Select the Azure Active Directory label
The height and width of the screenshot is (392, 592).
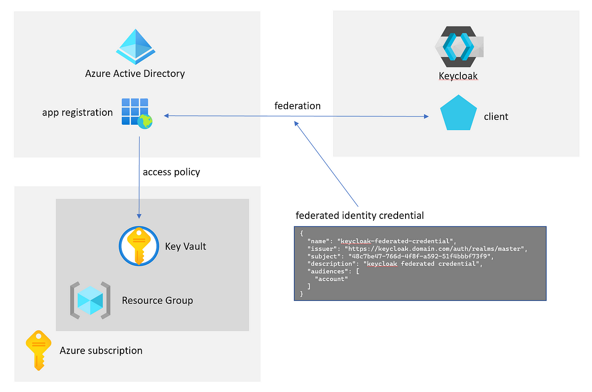pyautogui.click(x=135, y=74)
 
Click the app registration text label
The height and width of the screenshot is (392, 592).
pyautogui.click(x=77, y=112)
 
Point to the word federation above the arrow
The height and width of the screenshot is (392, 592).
pyautogui.click(x=297, y=106)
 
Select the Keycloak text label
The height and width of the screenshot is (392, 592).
pyautogui.click(x=458, y=76)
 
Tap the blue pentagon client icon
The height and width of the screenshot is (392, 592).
pyautogui.click(x=458, y=114)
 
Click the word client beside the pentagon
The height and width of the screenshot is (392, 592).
pyautogui.click(x=496, y=117)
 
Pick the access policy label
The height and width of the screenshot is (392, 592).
pyautogui.click(x=171, y=172)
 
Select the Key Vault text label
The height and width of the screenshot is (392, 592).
pyautogui.click(x=185, y=246)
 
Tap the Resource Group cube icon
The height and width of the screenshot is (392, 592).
pyautogui.click(x=90, y=299)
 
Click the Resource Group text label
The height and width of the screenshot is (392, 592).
pyautogui.click(x=157, y=300)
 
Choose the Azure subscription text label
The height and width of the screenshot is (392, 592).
pyautogui.click(x=101, y=351)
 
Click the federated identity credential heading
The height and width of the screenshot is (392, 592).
pyautogui.click(x=360, y=215)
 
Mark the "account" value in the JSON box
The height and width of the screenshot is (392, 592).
pyautogui.click(x=331, y=279)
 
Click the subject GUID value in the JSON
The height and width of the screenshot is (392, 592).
pyautogui.click(x=418, y=256)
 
